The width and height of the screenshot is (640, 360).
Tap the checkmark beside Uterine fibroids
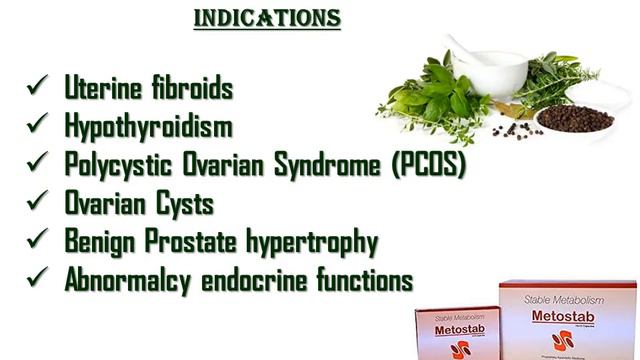[39, 88]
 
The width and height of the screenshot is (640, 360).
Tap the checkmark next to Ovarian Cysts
[39, 203]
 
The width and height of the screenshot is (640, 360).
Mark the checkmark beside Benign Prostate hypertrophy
[39, 241]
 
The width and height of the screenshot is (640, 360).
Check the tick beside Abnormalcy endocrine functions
[39, 279]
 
